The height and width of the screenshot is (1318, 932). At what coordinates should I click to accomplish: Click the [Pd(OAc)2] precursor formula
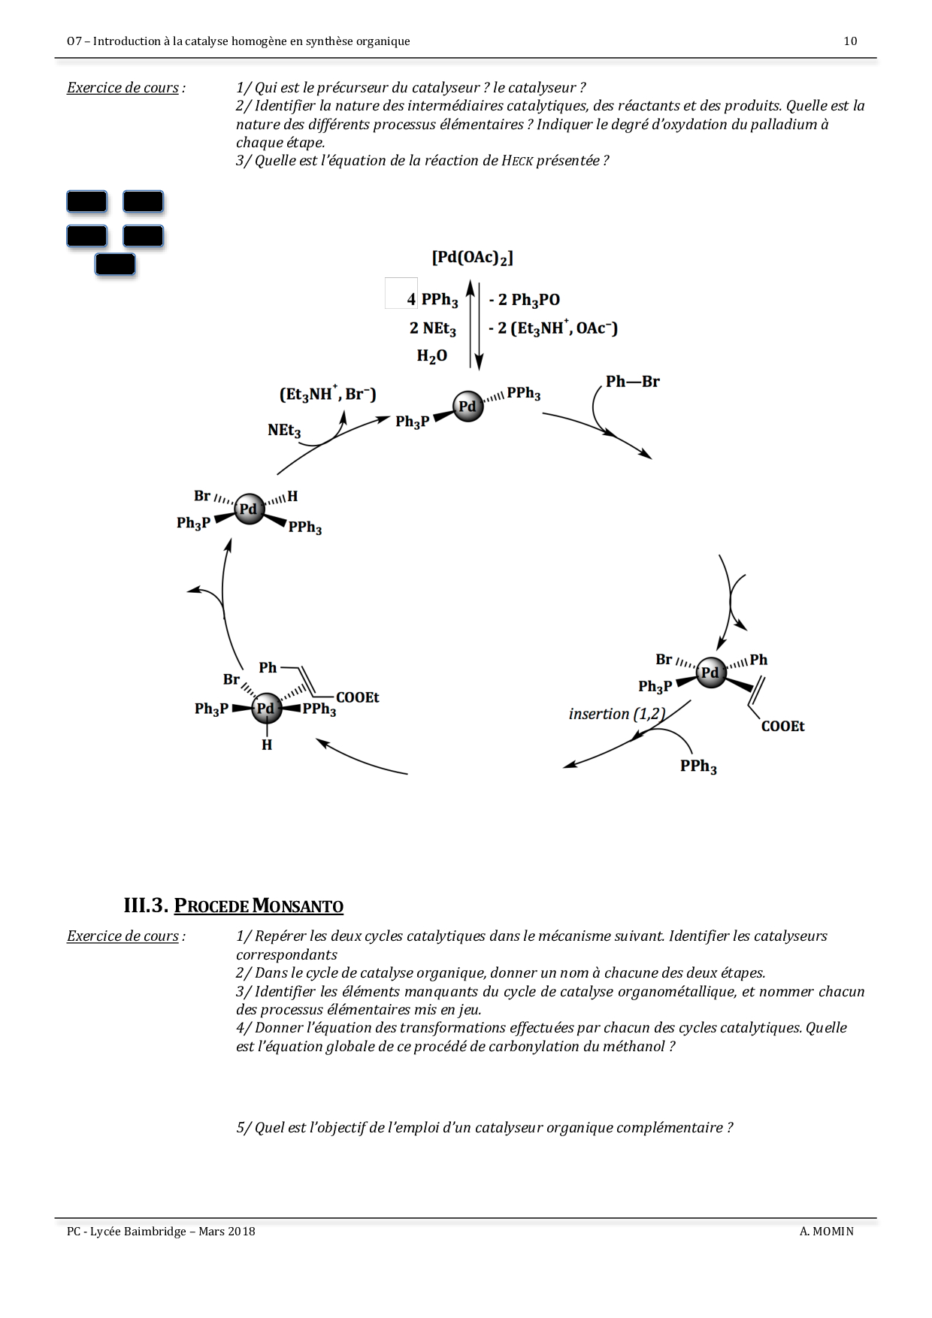pos(472,258)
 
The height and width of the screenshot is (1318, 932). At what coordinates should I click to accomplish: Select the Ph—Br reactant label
pos(632,382)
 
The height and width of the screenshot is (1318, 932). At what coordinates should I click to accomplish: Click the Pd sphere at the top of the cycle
pos(468,407)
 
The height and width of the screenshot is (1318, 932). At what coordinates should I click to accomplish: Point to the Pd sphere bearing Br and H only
pos(249,509)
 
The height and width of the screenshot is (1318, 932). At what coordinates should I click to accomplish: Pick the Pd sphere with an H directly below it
pos(266,708)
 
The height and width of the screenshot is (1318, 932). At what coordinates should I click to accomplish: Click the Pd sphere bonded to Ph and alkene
pos(710,672)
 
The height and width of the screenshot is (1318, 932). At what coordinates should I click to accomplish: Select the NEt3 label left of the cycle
pos(284,431)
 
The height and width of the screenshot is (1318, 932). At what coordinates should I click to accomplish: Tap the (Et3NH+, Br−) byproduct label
pos(328,394)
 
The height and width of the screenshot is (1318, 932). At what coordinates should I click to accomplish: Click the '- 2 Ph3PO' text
pos(524,300)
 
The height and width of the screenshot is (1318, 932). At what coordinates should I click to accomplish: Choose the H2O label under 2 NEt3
pos(432,356)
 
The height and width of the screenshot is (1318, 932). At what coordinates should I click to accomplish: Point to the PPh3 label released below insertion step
pos(698,766)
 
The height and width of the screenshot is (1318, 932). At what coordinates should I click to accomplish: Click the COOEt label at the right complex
pos(782,726)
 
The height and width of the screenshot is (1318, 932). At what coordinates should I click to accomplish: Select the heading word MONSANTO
pos(298,906)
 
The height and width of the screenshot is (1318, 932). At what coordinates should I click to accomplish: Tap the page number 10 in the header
pos(850,41)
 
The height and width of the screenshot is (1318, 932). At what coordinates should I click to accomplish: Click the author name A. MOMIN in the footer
pos(827,1232)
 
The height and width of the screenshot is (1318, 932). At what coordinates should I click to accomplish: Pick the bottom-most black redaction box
pos(115,265)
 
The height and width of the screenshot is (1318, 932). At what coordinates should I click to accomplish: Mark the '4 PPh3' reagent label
pos(432,300)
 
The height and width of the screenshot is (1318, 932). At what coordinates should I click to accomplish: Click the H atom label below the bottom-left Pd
pos(267,745)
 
